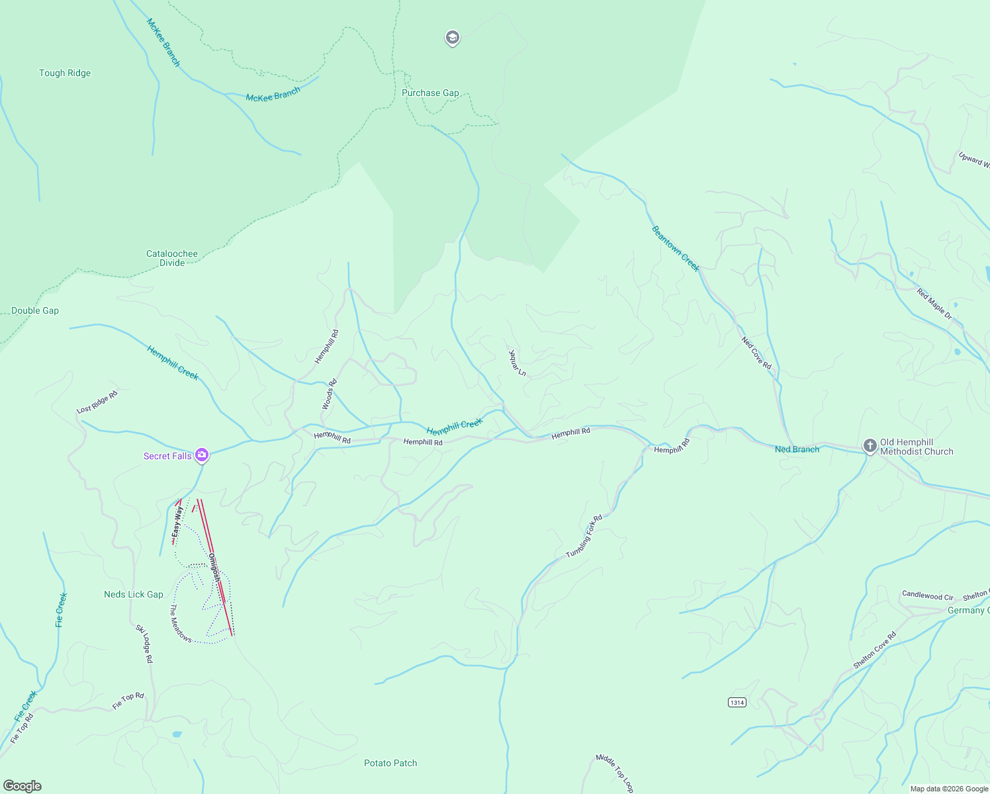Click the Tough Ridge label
coord(65,73)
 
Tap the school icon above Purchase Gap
coord(452,38)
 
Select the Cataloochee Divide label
coord(172,258)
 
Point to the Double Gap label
coord(35,311)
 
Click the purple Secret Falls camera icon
coord(202,455)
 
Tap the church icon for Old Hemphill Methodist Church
coord(870,447)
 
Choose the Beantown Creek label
coord(675,248)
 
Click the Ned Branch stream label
coord(797,449)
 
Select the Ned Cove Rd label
coord(756,353)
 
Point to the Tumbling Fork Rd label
coord(584,537)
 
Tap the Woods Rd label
coord(329,394)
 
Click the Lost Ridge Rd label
coord(97,402)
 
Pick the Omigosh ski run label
coord(214,568)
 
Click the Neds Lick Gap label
coord(133,595)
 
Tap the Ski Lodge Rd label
coord(144,644)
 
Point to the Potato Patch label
coord(390,764)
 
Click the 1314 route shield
coord(737,702)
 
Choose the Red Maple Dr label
coord(934,304)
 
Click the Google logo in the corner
coord(22,786)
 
